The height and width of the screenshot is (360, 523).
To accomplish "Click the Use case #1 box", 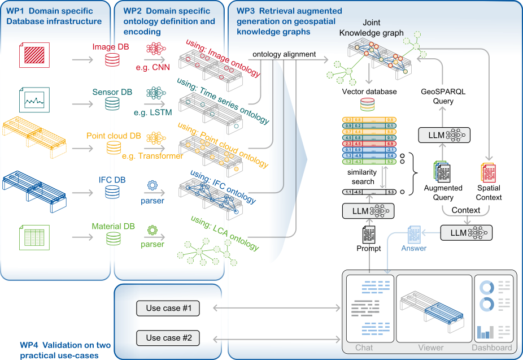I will [x=168, y=308].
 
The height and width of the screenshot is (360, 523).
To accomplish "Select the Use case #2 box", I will [x=168, y=338].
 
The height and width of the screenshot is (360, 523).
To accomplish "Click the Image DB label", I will [x=111, y=47].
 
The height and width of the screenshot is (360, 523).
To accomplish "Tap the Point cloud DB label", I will [x=114, y=136].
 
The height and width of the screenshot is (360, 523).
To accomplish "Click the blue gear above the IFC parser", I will [x=152, y=185].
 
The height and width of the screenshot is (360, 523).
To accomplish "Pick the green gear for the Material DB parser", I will [x=152, y=230].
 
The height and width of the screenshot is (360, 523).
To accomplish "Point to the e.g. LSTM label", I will [x=153, y=112].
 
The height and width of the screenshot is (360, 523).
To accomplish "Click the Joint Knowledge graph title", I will [x=371, y=28].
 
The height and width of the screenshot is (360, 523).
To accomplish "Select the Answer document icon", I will [x=414, y=233].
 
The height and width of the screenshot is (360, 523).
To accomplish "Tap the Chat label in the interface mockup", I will [x=364, y=348].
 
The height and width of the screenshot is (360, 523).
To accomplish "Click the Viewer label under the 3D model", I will [x=431, y=348].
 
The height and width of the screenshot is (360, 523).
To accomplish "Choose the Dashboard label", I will [x=492, y=348].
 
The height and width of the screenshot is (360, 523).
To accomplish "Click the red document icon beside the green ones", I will [x=487, y=172].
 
